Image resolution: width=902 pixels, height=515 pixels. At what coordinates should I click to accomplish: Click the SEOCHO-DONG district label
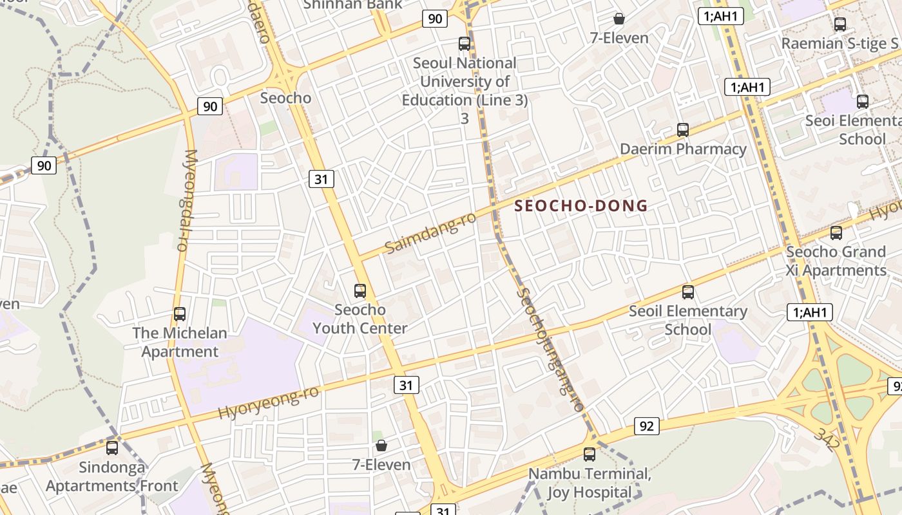tap(581, 206)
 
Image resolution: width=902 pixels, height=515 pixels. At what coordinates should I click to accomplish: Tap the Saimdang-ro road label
tap(430, 232)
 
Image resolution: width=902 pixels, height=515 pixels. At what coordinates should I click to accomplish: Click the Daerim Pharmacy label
tap(683, 149)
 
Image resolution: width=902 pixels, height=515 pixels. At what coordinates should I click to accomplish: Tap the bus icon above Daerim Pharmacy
tap(683, 130)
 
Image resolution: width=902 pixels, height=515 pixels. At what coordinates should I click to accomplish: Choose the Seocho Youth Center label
tap(360, 319)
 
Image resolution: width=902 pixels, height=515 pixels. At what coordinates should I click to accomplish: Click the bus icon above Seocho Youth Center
tap(360, 291)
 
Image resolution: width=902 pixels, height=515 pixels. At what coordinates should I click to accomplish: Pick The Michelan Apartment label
tap(180, 342)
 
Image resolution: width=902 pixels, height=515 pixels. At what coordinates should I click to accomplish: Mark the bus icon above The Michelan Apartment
tap(180, 314)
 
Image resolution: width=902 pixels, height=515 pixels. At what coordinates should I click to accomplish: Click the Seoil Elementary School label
tap(688, 321)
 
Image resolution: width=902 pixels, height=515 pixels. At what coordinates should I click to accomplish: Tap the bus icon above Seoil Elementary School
tap(688, 292)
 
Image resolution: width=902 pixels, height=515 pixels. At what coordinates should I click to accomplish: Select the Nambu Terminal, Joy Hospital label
tap(590, 483)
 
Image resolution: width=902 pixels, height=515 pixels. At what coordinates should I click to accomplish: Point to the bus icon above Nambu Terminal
tap(590, 454)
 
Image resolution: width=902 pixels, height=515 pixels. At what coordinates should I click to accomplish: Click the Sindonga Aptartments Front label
tap(112, 476)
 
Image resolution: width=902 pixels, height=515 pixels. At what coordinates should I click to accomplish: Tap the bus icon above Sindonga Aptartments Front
tap(112, 447)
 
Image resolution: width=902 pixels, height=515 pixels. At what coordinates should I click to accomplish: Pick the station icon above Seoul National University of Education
tap(465, 44)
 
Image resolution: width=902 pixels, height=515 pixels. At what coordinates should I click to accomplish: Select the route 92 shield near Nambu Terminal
tap(647, 426)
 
